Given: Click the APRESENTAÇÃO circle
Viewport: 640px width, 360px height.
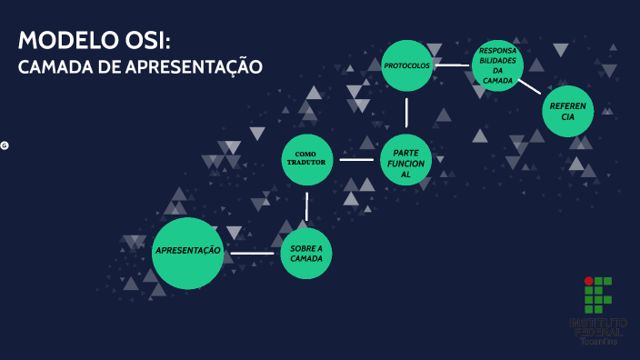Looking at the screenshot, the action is coord(187,253).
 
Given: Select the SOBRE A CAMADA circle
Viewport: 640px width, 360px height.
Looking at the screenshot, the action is coord(306,254).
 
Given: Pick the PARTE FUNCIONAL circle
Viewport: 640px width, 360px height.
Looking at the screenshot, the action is coord(405,160).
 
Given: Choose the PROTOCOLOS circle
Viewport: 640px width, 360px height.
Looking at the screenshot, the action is coord(406,65).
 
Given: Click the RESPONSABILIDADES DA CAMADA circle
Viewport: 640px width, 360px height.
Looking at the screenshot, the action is coord(497,65).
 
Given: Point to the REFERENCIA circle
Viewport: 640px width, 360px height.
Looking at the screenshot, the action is coord(567,112).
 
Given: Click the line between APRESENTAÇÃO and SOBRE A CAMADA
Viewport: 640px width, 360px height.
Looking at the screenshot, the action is coord(252,253).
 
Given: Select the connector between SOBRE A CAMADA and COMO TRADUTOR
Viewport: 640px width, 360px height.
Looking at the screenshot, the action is coord(307,206).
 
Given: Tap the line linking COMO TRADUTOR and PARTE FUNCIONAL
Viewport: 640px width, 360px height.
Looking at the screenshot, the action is coord(356,160).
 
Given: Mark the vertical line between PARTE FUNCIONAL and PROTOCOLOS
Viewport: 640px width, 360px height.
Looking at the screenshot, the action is coord(406,112).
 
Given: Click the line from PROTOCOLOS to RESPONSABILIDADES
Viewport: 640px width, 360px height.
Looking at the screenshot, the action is coord(452,65).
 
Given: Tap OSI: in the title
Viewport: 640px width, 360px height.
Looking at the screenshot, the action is coord(145,41).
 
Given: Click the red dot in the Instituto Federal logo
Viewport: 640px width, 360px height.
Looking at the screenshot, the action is coord(588,282).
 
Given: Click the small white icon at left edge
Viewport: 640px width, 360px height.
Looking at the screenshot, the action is coord(5,145).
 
